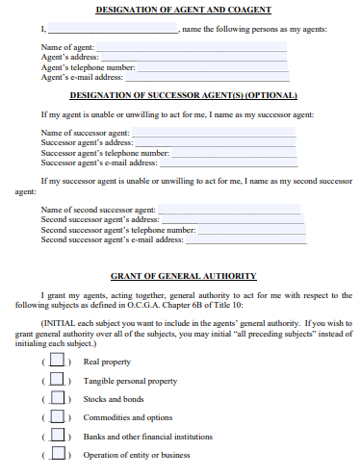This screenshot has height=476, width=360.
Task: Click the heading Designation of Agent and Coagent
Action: pyautogui.click(x=183, y=9)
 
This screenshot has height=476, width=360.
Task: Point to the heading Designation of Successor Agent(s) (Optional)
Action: pyautogui.click(x=183, y=95)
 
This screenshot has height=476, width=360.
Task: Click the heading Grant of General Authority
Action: pyautogui.click(x=183, y=274)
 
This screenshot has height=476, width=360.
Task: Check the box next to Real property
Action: pyautogui.click(x=57, y=361)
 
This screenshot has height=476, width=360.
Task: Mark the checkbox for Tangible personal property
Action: pyautogui.click(x=57, y=380)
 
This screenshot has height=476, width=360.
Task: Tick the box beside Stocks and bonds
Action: pyautogui.click(x=57, y=398)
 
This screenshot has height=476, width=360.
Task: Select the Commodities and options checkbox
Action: pyautogui.click(x=57, y=417)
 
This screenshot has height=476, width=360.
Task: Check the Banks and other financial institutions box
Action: pyautogui.click(x=57, y=436)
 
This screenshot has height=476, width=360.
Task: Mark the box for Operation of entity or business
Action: pyautogui.click(x=57, y=454)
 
